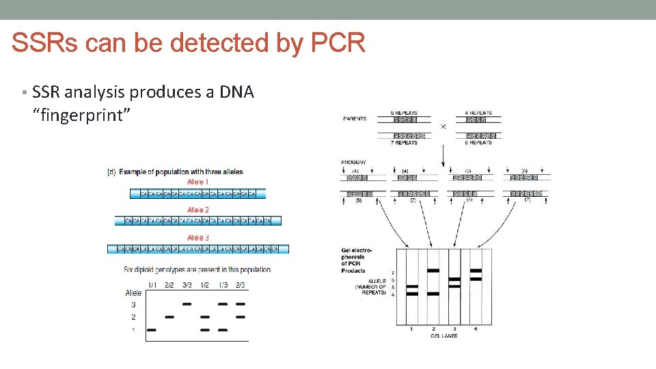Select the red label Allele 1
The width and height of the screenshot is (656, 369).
point(198,182)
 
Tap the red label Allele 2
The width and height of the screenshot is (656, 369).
point(198,210)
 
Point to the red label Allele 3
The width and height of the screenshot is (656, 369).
point(198,237)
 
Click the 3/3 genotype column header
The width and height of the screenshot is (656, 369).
point(187,284)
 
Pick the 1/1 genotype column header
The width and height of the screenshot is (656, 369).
point(152,284)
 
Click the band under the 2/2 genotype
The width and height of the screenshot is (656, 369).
point(169,317)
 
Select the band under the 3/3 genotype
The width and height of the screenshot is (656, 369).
point(187,304)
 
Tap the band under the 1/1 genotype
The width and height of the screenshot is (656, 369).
point(152,330)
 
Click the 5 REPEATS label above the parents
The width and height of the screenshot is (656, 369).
point(403,113)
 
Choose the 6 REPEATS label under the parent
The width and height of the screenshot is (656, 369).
point(478,143)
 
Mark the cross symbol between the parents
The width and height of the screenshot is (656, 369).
point(443,126)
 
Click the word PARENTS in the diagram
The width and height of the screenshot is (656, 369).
point(354,119)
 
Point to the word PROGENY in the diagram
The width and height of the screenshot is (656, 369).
point(354,162)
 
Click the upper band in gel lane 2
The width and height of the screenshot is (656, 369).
point(433,271)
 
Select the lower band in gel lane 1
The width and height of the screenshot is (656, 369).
point(412,294)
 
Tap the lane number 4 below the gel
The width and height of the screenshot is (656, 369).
point(476,329)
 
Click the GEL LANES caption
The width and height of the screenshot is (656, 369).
point(444,336)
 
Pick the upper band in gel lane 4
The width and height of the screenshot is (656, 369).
point(476,271)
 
